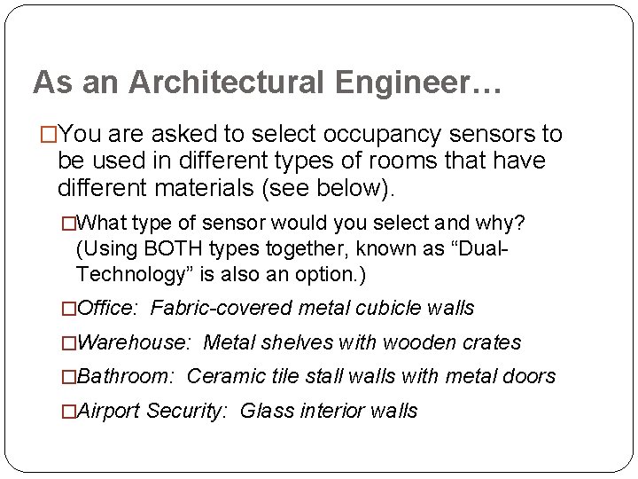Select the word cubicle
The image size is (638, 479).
click(x=377, y=308)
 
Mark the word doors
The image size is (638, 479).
click(x=529, y=376)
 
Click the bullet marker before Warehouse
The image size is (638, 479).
click(x=68, y=342)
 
